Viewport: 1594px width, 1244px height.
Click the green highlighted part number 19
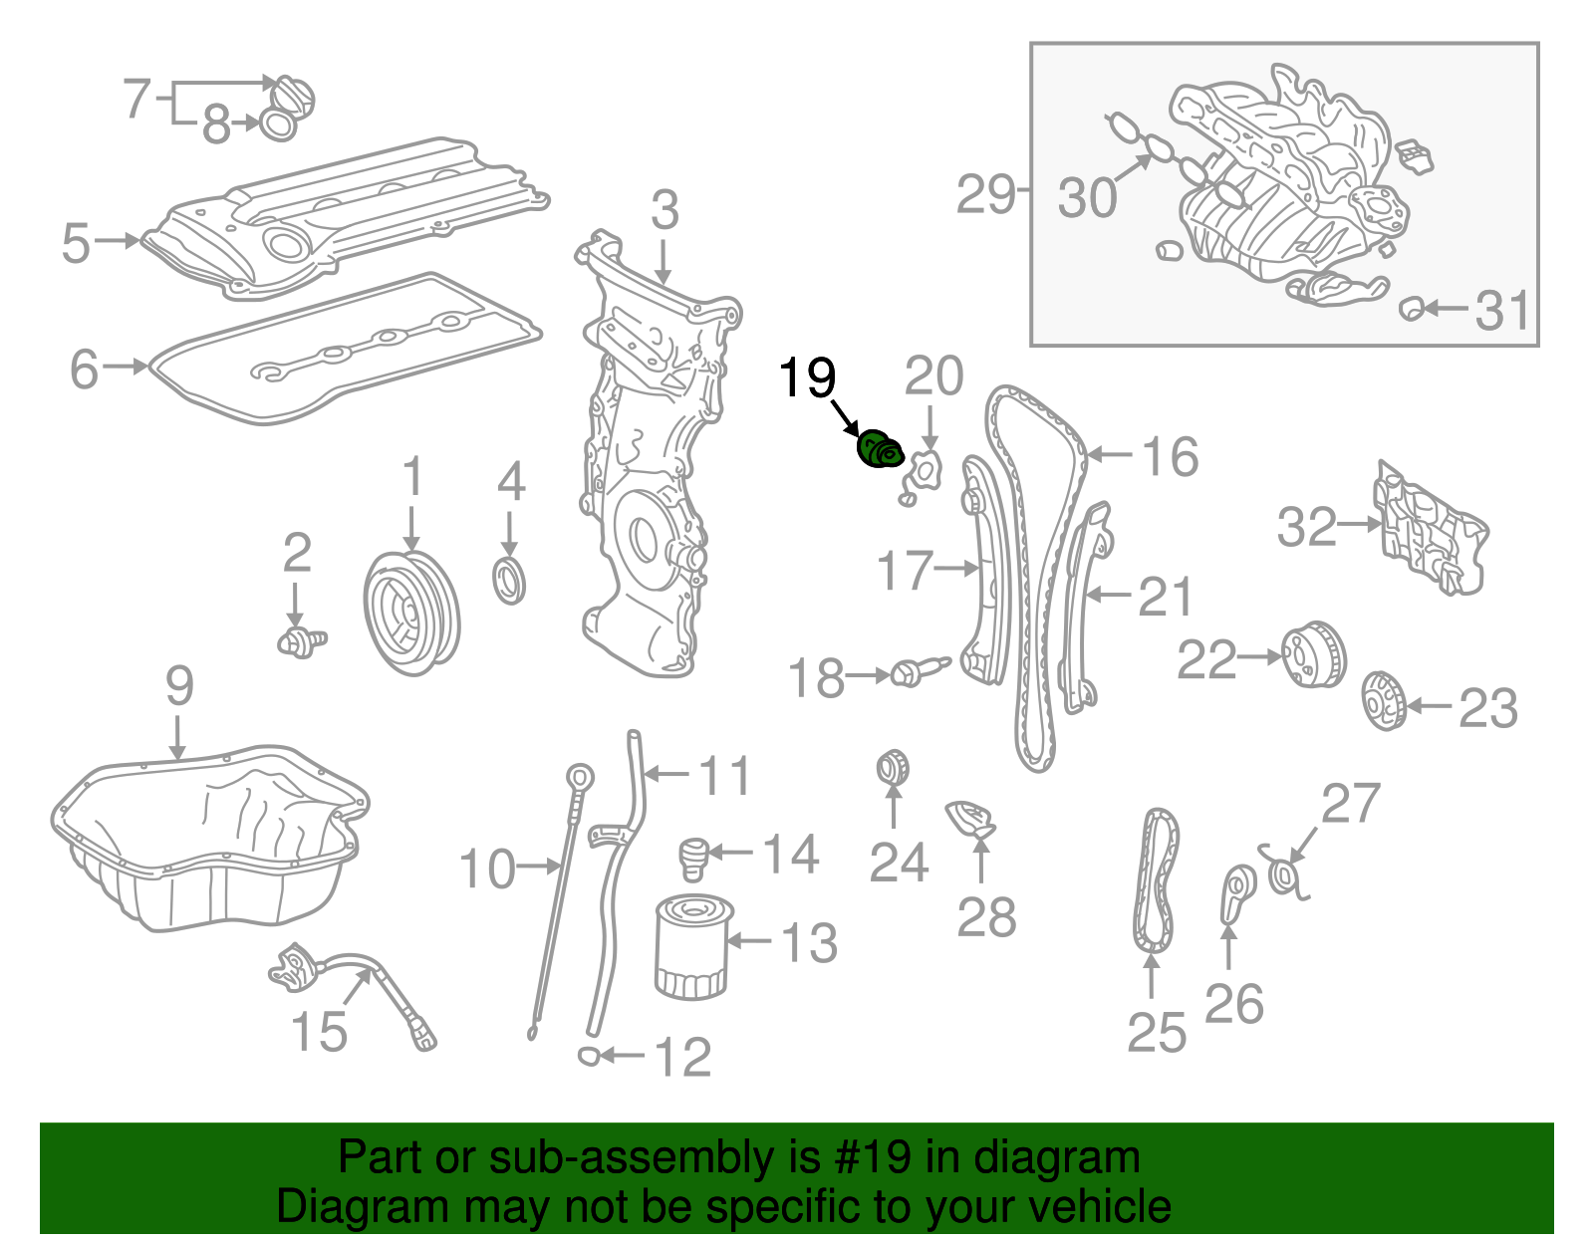(880, 450)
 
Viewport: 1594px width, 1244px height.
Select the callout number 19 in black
(806, 378)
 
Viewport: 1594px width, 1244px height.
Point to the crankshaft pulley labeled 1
(411, 613)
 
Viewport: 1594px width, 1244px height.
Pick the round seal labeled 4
(510, 582)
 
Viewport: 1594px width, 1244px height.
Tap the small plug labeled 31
(1411, 308)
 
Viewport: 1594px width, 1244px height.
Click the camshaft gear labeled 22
(1312, 655)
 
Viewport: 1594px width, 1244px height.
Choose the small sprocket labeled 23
(1383, 701)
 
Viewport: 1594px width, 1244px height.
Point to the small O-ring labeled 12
(589, 1055)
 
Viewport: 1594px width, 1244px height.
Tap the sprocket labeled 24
(893, 768)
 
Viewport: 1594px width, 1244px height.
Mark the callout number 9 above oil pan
(178, 686)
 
